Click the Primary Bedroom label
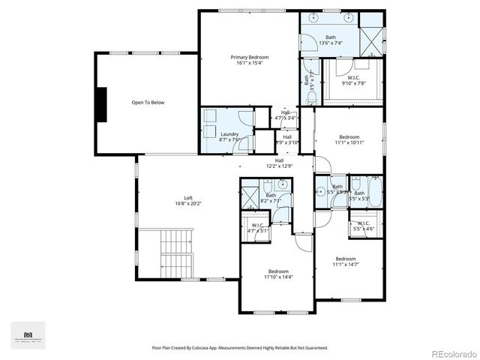[x=249, y=60]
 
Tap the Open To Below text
[x=148, y=103]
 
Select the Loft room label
[x=167, y=199]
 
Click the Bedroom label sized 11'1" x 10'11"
[x=349, y=139]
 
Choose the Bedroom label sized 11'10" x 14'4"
[x=276, y=274]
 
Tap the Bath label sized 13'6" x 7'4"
[x=331, y=40]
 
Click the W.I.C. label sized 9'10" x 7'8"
[x=354, y=79]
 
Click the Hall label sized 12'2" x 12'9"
[x=279, y=163]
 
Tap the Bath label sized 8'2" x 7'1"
[x=270, y=198]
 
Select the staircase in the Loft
[x=178, y=252]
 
